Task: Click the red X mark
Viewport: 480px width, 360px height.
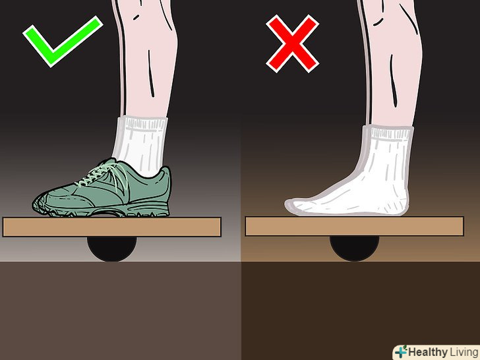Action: (x=292, y=44)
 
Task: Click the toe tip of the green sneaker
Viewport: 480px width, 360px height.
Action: (x=34, y=204)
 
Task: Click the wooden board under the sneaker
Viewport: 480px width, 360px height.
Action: (x=111, y=227)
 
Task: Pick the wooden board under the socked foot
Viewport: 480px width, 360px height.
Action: (x=355, y=226)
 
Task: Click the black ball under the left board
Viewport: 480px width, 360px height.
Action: (x=111, y=249)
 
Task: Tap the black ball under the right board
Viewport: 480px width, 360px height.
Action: (x=355, y=248)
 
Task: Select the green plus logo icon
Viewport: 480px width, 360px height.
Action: (x=401, y=351)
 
